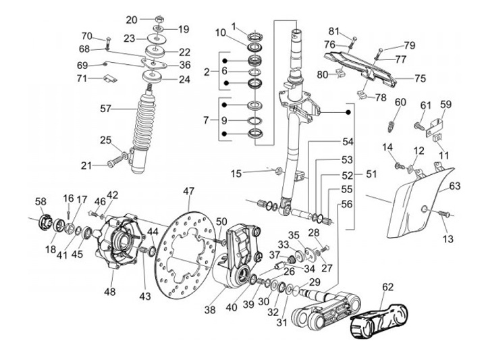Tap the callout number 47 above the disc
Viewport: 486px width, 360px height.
click(x=188, y=191)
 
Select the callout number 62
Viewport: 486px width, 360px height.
click(x=387, y=287)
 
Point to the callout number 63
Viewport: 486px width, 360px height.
click(x=455, y=186)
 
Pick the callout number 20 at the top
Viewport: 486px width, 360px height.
click(x=132, y=19)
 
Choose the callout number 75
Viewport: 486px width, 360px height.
click(x=420, y=78)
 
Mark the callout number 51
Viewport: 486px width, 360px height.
click(x=371, y=174)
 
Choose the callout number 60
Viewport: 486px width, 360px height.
click(x=400, y=102)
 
